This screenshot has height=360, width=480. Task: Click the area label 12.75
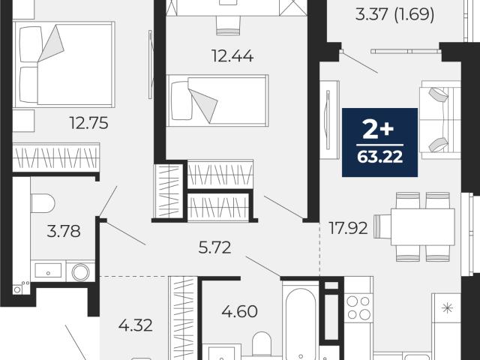tap(88, 123)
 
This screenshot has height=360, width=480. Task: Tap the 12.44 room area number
tap(232, 56)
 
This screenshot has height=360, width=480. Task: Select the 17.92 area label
tap(348, 228)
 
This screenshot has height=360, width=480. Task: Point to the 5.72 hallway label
tap(214, 247)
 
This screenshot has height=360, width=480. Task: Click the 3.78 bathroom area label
tap(64, 232)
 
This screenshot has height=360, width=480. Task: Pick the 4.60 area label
tap(239, 312)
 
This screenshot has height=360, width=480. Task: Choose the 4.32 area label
tap(135, 325)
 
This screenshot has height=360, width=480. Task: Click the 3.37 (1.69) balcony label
tap(394, 14)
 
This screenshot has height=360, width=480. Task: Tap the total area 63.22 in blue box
tap(379, 157)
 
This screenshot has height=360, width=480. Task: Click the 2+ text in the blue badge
tap(378, 129)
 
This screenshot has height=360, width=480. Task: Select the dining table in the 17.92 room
tap(423, 226)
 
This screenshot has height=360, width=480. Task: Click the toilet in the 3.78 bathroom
tap(43, 203)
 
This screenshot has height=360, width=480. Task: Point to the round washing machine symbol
tap(80, 271)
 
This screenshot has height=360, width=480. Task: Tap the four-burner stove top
tap(358, 307)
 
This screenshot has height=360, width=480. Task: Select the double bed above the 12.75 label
tap(64, 64)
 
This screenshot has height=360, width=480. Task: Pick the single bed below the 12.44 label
tap(217, 100)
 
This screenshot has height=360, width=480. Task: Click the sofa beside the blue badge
tap(440, 120)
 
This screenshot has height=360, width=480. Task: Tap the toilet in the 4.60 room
tap(262, 344)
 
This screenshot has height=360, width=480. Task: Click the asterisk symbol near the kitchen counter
tap(447, 308)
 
